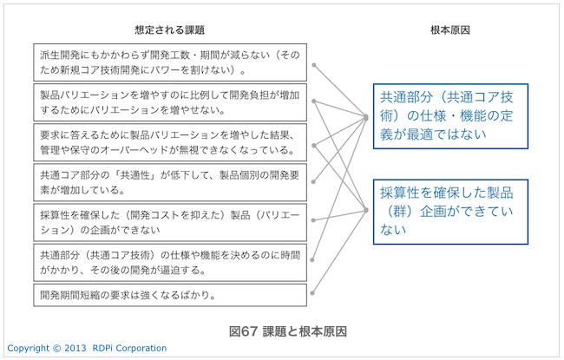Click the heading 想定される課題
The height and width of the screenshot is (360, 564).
coord(169,29)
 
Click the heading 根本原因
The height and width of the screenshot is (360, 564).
coord(450,29)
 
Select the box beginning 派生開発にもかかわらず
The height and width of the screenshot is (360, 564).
coord(170,62)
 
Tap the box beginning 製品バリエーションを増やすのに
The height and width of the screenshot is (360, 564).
coord(170,102)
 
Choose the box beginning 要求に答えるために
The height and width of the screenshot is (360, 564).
coord(170,142)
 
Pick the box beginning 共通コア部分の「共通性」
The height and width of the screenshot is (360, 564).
coord(170,182)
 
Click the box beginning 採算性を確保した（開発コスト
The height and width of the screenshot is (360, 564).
coord(170,222)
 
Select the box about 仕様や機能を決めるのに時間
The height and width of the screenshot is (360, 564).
coord(170,263)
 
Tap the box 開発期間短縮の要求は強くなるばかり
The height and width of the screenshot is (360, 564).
coord(170,295)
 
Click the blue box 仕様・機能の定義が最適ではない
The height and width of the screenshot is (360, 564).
coord(450,116)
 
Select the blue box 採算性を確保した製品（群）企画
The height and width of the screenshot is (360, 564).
coord(450,212)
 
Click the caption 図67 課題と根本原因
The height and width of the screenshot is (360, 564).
coord(288,331)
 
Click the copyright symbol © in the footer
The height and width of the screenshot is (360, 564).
coord(56,348)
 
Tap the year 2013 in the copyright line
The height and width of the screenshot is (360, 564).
coord(75,348)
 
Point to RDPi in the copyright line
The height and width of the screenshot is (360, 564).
coord(103,348)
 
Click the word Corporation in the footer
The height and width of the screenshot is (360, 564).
coord(141,348)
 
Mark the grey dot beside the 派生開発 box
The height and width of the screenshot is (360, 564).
coord(314,65)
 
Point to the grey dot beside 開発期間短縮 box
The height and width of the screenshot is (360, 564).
coord(312,293)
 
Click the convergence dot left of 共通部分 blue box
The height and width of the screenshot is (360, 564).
coord(366,118)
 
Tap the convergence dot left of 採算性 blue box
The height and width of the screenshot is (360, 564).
coord(366,210)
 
